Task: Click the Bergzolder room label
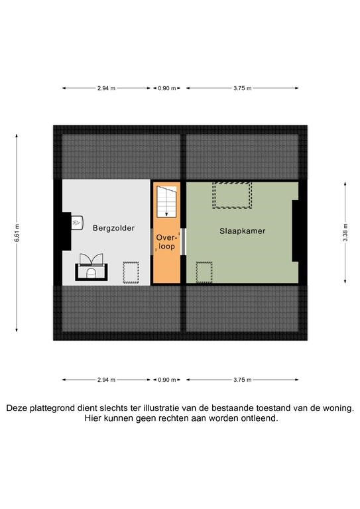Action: (113, 228)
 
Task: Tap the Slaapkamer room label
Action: (243, 231)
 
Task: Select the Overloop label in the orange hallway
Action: (166, 242)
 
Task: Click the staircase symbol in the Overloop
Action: (167, 201)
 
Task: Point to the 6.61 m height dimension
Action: (17, 233)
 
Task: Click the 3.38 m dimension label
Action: (345, 233)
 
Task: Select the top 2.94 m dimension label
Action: (107, 88)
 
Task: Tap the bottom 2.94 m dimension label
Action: (107, 380)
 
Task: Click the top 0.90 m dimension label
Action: (167, 88)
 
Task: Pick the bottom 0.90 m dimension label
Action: (167, 380)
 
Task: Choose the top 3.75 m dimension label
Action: (243, 88)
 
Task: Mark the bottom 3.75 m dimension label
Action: (243, 380)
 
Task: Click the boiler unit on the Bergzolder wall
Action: (78, 223)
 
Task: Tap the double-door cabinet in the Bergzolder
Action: (91, 267)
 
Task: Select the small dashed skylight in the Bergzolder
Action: (131, 272)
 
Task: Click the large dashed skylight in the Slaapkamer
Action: (232, 195)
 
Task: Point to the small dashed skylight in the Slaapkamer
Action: (204, 272)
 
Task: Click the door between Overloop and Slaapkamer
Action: (183, 242)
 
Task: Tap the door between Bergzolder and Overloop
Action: (152, 242)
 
